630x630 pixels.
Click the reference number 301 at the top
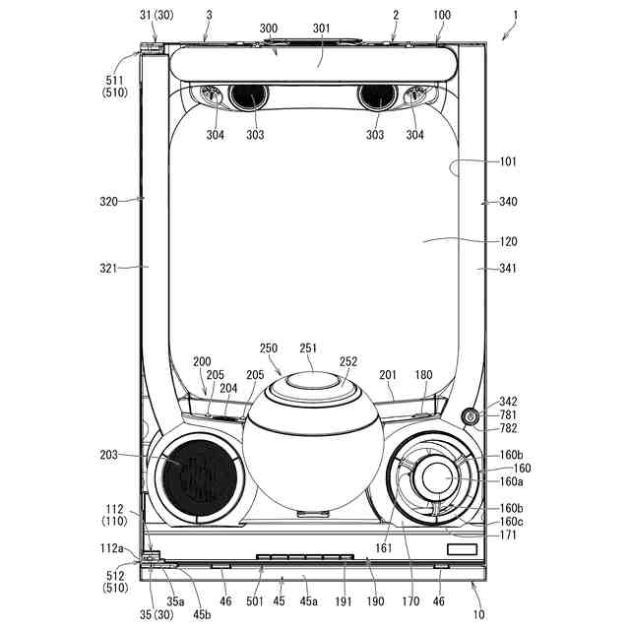[x=322, y=29]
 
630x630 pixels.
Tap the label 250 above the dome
[x=269, y=347]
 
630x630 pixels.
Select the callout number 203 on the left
[x=108, y=455]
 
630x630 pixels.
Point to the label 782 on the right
[x=508, y=428]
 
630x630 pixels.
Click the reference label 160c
[x=512, y=522]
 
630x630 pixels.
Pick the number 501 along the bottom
[x=255, y=601]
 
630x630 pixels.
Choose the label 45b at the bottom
[x=202, y=614]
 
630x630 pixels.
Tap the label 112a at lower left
[x=111, y=548]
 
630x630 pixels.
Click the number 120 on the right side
[x=508, y=241]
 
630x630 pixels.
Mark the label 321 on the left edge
[x=108, y=268]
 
